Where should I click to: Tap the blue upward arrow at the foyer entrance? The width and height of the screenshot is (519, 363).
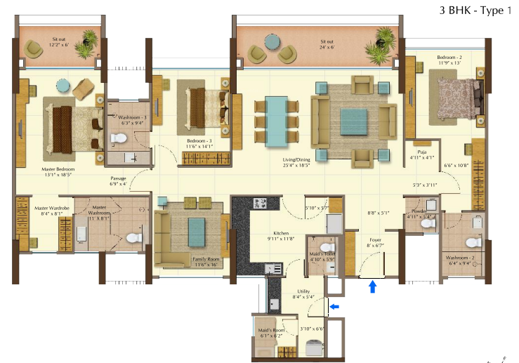(372, 286)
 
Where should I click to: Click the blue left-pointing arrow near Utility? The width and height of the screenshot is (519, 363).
(334, 306)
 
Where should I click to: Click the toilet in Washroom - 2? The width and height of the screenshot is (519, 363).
(474, 242)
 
